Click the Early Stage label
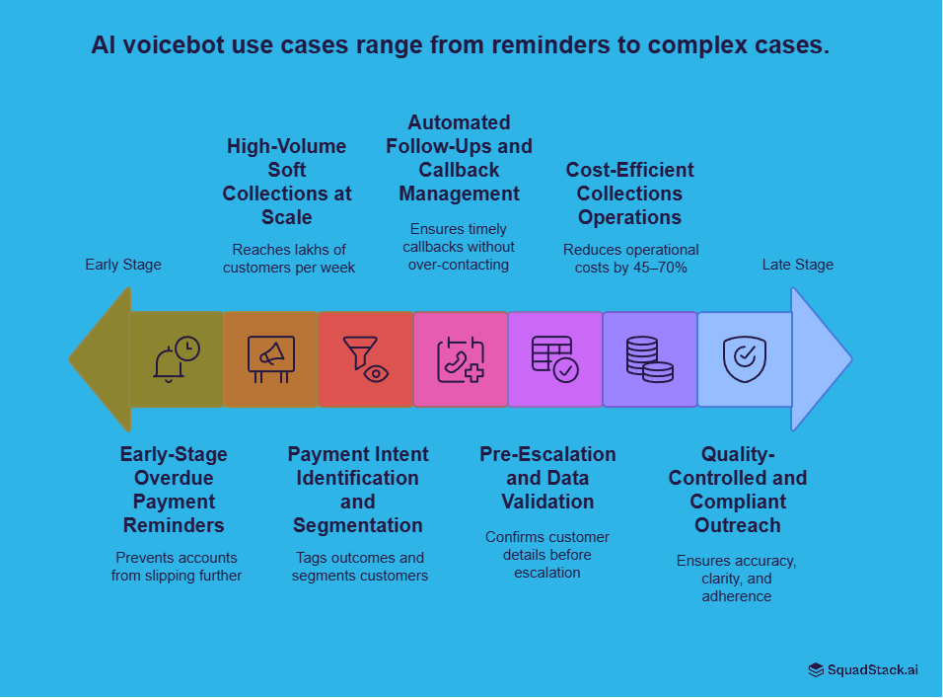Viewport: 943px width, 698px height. [123, 265]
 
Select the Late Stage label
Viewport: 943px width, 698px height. [797, 265]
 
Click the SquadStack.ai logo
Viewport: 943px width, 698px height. [863, 669]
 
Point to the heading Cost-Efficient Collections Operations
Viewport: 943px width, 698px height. [629, 194]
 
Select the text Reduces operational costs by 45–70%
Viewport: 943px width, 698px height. [630, 259]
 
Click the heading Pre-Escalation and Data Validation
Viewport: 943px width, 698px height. [547, 478]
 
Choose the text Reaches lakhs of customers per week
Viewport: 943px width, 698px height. [289, 259]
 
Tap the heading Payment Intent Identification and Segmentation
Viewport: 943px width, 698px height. [358, 490]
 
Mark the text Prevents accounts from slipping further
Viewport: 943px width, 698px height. [177, 567]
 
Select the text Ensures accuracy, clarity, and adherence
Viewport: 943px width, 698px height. [737, 579]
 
